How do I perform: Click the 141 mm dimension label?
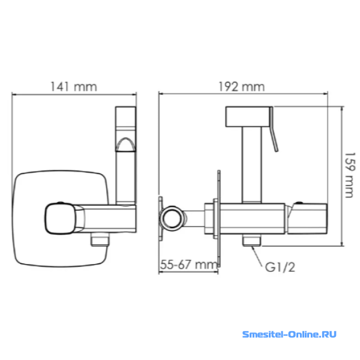click(x=73, y=87)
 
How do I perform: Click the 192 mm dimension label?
click(x=241, y=87)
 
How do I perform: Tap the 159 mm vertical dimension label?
click(x=350, y=175)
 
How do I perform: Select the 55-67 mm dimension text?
click(x=188, y=265)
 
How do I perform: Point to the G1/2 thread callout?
click(x=280, y=267)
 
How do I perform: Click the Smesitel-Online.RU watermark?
click(x=289, y=334)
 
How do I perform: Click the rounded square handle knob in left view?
click(x=60, y=218)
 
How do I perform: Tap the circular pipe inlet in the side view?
click(x=172, y=218)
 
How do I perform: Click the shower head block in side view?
click(x=247, y=116)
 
